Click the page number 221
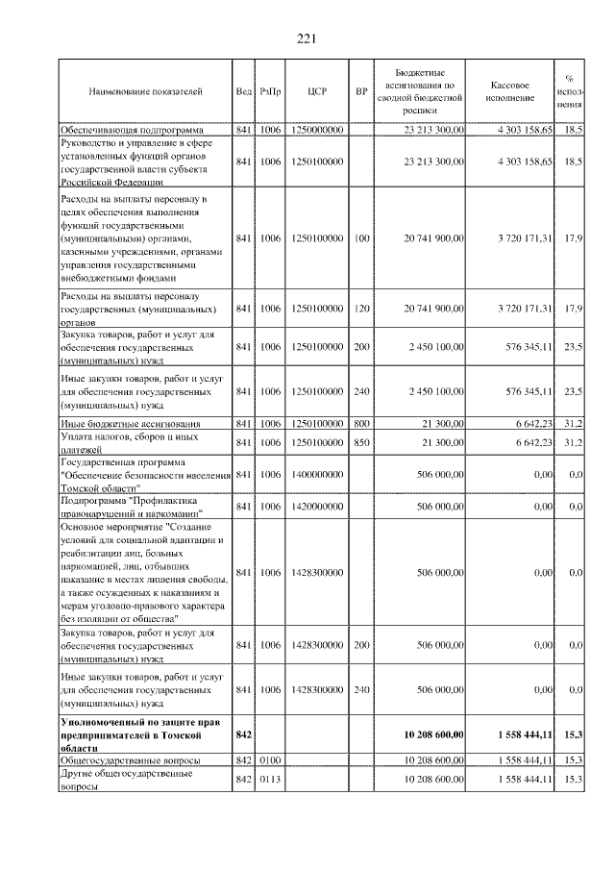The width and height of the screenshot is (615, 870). (x=307, y=38)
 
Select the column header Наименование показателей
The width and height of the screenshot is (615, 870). (x=145, y=92)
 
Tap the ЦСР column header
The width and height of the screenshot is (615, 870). (x=318, y=92)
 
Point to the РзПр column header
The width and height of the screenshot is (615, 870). (x=270, y=92)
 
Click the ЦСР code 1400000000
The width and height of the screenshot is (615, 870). (x=318, y=474)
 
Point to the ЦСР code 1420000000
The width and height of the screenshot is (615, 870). (x=318, y=506)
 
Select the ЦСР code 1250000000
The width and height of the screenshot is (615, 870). (x=318, y=129)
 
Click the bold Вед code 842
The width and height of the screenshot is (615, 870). (x=243, y=734)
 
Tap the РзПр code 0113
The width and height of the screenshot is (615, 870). (x=270, y=779)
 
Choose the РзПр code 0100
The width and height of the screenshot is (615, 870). (x=270, y=760)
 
